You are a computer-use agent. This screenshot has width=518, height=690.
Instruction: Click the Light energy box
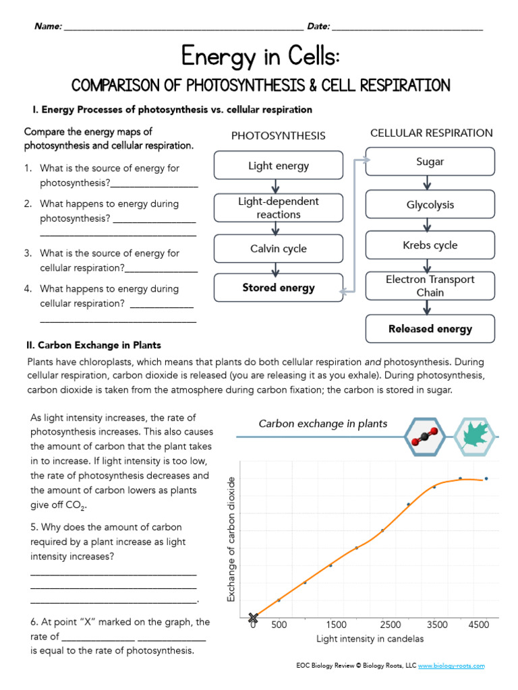(279, 166)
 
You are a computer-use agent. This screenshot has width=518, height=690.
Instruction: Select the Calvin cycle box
(279, 249)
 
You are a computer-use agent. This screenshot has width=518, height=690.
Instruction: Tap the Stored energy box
(279, 288)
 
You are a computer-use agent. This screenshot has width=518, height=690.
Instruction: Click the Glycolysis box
(430, 205)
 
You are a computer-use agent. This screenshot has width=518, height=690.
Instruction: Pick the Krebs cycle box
(430, 245)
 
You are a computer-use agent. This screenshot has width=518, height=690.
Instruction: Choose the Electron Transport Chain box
(430, 286)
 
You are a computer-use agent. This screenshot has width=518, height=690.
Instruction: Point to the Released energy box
(430, 329)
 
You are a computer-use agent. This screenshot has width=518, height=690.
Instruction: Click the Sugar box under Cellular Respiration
(430, 162)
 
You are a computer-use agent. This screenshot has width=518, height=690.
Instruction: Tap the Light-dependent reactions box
(279, 208)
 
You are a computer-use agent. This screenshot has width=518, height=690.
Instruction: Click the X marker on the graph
(254, 617)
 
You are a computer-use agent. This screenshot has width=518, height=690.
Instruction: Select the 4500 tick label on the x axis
(478, 625)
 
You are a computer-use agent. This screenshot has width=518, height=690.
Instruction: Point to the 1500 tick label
(335, 625)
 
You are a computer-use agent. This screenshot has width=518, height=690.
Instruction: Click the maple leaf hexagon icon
(475, 437)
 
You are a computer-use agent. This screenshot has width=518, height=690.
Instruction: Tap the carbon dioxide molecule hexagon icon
(426, 437)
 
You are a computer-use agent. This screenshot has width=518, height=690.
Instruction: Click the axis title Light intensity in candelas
(370, 638)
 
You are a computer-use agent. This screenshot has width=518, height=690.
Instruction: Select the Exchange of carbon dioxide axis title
(231, 539)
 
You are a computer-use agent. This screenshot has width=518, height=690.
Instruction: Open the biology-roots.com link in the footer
(451, 666)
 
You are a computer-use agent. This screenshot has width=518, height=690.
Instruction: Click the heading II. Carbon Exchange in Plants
(93, 346)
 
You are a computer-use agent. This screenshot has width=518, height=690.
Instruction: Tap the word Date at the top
(318, 26)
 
